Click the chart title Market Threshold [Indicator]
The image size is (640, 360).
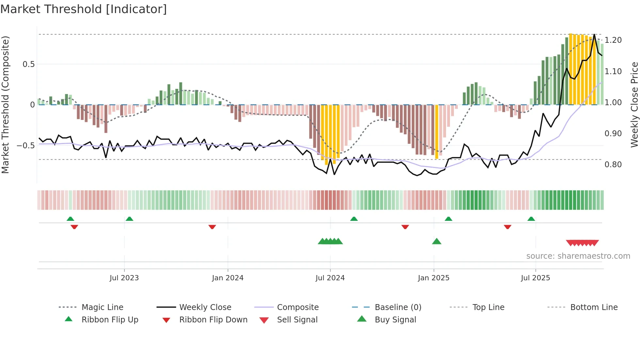pyautogui.click(x=84, y=9)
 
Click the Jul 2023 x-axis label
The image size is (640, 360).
pyautogui.click(x=124, y=278)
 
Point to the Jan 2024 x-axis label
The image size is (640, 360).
pyautogui.click(x=228, y=278)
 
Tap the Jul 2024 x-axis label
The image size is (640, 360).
pyautogui.click(x=330, y=278)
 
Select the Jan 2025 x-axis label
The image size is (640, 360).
pyautogui.click(x=434, y=278)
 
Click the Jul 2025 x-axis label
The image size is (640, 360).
pyautogui.click(x=536, y=278)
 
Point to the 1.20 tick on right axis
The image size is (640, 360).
pyautogui.click(x=613, y=40)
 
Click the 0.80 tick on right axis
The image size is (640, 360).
pyautogui.click(x=613, y=165)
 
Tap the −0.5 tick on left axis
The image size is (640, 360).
pyautogui.click(x=26, y=146)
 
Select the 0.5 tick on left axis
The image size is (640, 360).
pyautogui.click(x=29, y=64)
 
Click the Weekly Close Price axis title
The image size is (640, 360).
pyautogui.click(x=634, y=105)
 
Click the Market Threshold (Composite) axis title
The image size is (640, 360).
pyautogui.click(x=5, y=105)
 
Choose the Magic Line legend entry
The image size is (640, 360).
pyautogui.click(x=102, y=307)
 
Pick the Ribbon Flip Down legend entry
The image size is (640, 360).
pyautogui.click(x=213, y=320)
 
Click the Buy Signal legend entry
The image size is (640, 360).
pyautogui.click(x=395, y=320)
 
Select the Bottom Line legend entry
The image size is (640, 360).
pyautogui.click(x=594, y=307)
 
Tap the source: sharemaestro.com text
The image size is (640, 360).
pyautogui.click(x=578, y=256)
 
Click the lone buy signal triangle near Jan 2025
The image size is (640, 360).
pyautogui.click(x=437, y=241)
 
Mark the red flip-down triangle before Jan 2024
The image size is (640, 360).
pyautogui.click(x=212, y=227)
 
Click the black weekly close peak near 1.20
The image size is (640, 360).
pyautogui.click(x=594, y=35)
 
